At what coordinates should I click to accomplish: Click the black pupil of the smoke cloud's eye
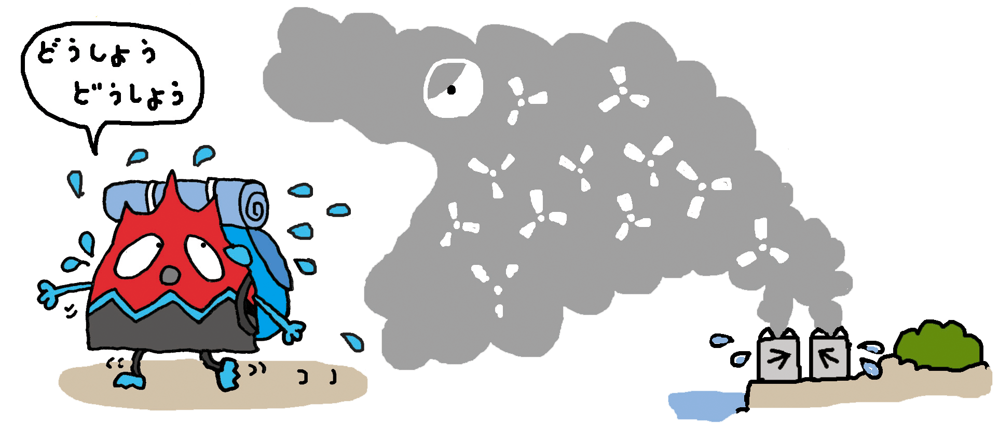coord(451,90)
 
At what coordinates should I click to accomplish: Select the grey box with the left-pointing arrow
coord(829,357)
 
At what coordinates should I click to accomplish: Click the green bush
coord(938,345)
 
